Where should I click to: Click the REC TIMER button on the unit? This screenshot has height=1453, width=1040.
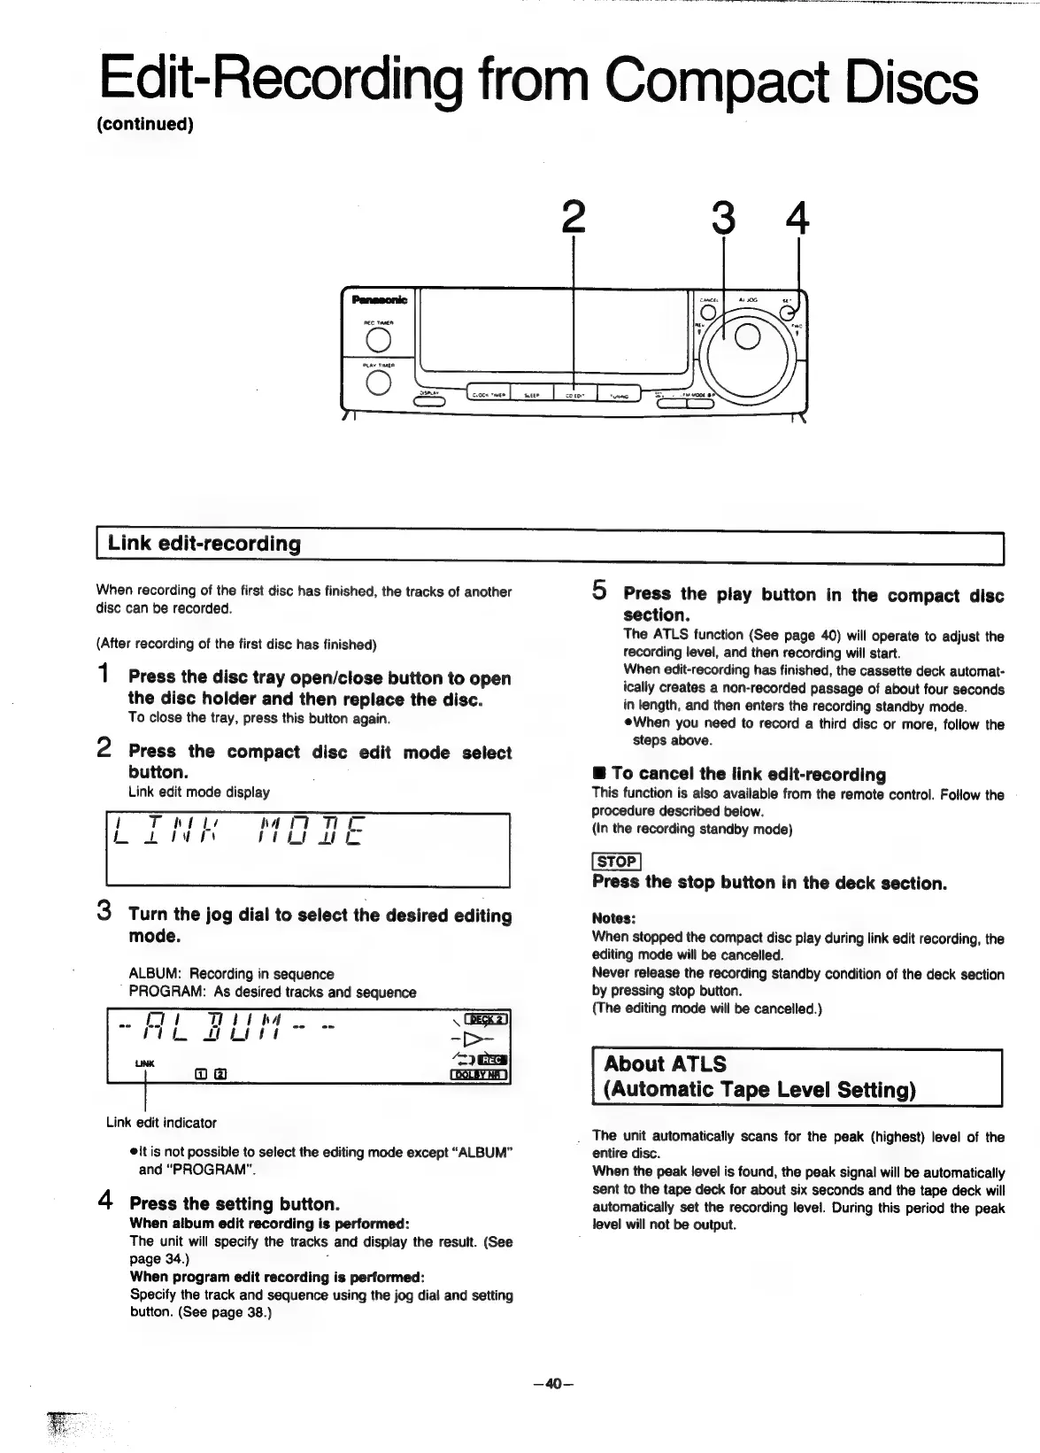(x=378, y=339)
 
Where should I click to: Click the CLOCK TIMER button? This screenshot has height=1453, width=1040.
(x=488, y=396)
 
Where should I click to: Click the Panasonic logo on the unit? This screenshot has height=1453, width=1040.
(x=379, y=299)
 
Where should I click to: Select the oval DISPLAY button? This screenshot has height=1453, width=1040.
(x=429, y=401)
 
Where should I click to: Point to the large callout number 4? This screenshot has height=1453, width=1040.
(x=798, y=217)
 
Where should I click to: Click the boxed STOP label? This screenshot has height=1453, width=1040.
(x=616, y=862)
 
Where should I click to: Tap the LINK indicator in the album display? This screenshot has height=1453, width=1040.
(x=144, y=1063)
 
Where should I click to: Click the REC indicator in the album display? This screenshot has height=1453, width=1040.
(x=493, y=1061)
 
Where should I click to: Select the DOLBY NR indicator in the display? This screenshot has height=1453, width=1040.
(x=479, y=1076)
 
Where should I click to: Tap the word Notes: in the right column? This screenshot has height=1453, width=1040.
(x=613, y=918)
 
